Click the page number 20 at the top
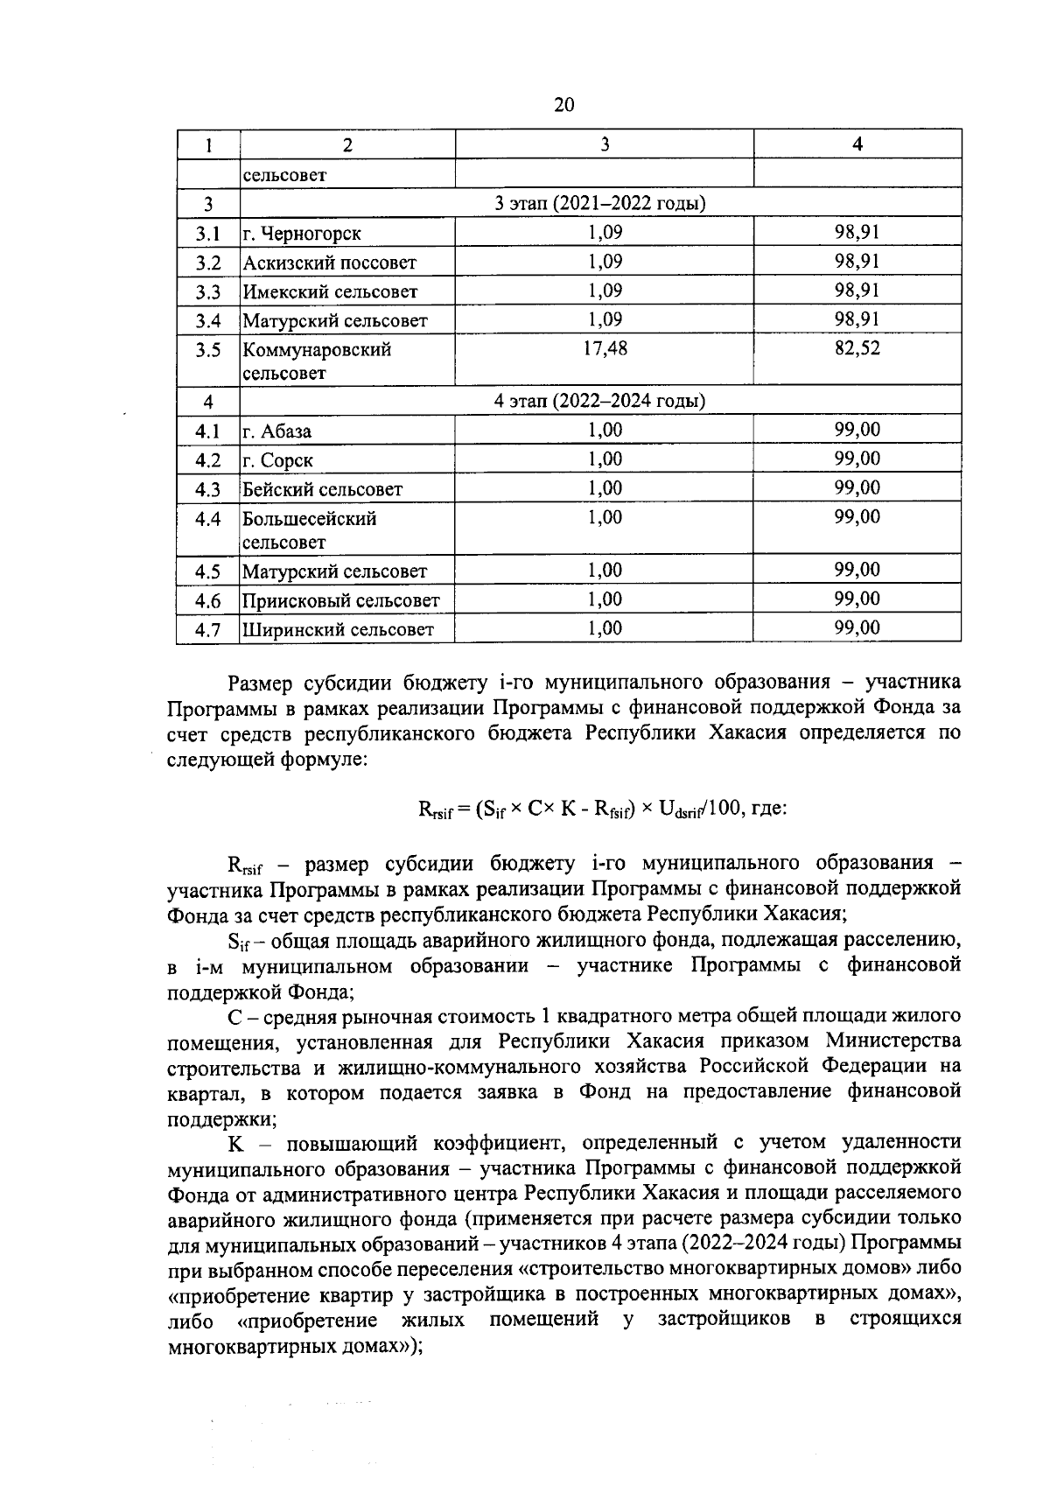coord(564,105)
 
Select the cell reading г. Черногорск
coord(302,234)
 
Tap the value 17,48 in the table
coord(604,348)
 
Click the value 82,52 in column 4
coord(857,348)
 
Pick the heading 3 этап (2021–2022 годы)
coord(600,204)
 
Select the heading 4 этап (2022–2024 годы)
coord(600,401)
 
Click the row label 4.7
coord(207,629)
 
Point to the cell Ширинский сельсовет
coord(338,629)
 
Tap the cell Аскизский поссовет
coord(329,263)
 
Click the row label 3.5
coord(207,350)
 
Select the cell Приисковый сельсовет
coord(340,600)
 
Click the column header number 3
coord(604,144)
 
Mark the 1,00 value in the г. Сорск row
coord(604,459)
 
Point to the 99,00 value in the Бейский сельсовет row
coord(857,487)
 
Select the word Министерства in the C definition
coord(892,1041)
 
